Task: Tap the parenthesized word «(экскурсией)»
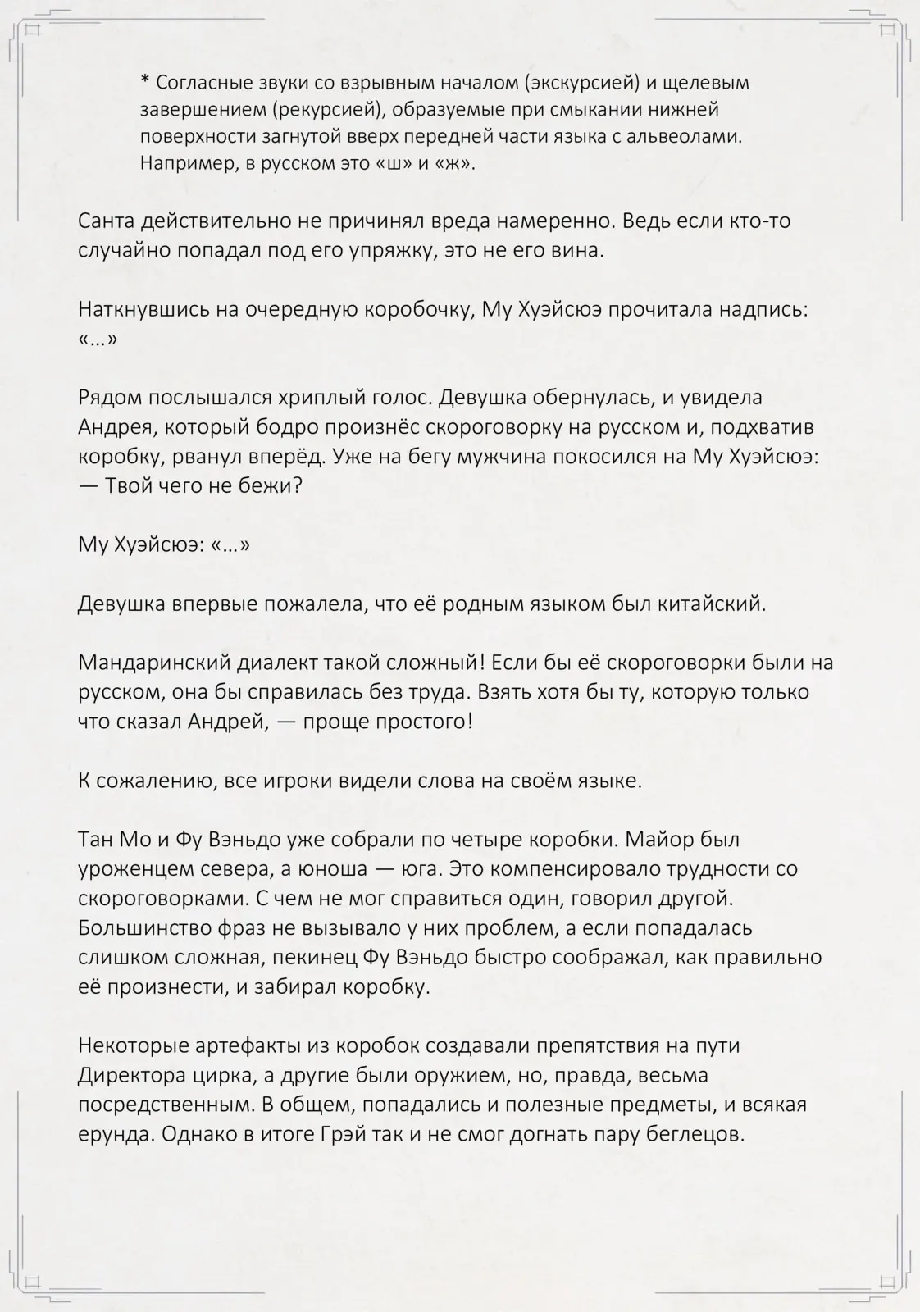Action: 583,83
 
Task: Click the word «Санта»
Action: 107,221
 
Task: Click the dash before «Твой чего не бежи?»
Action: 88,485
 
